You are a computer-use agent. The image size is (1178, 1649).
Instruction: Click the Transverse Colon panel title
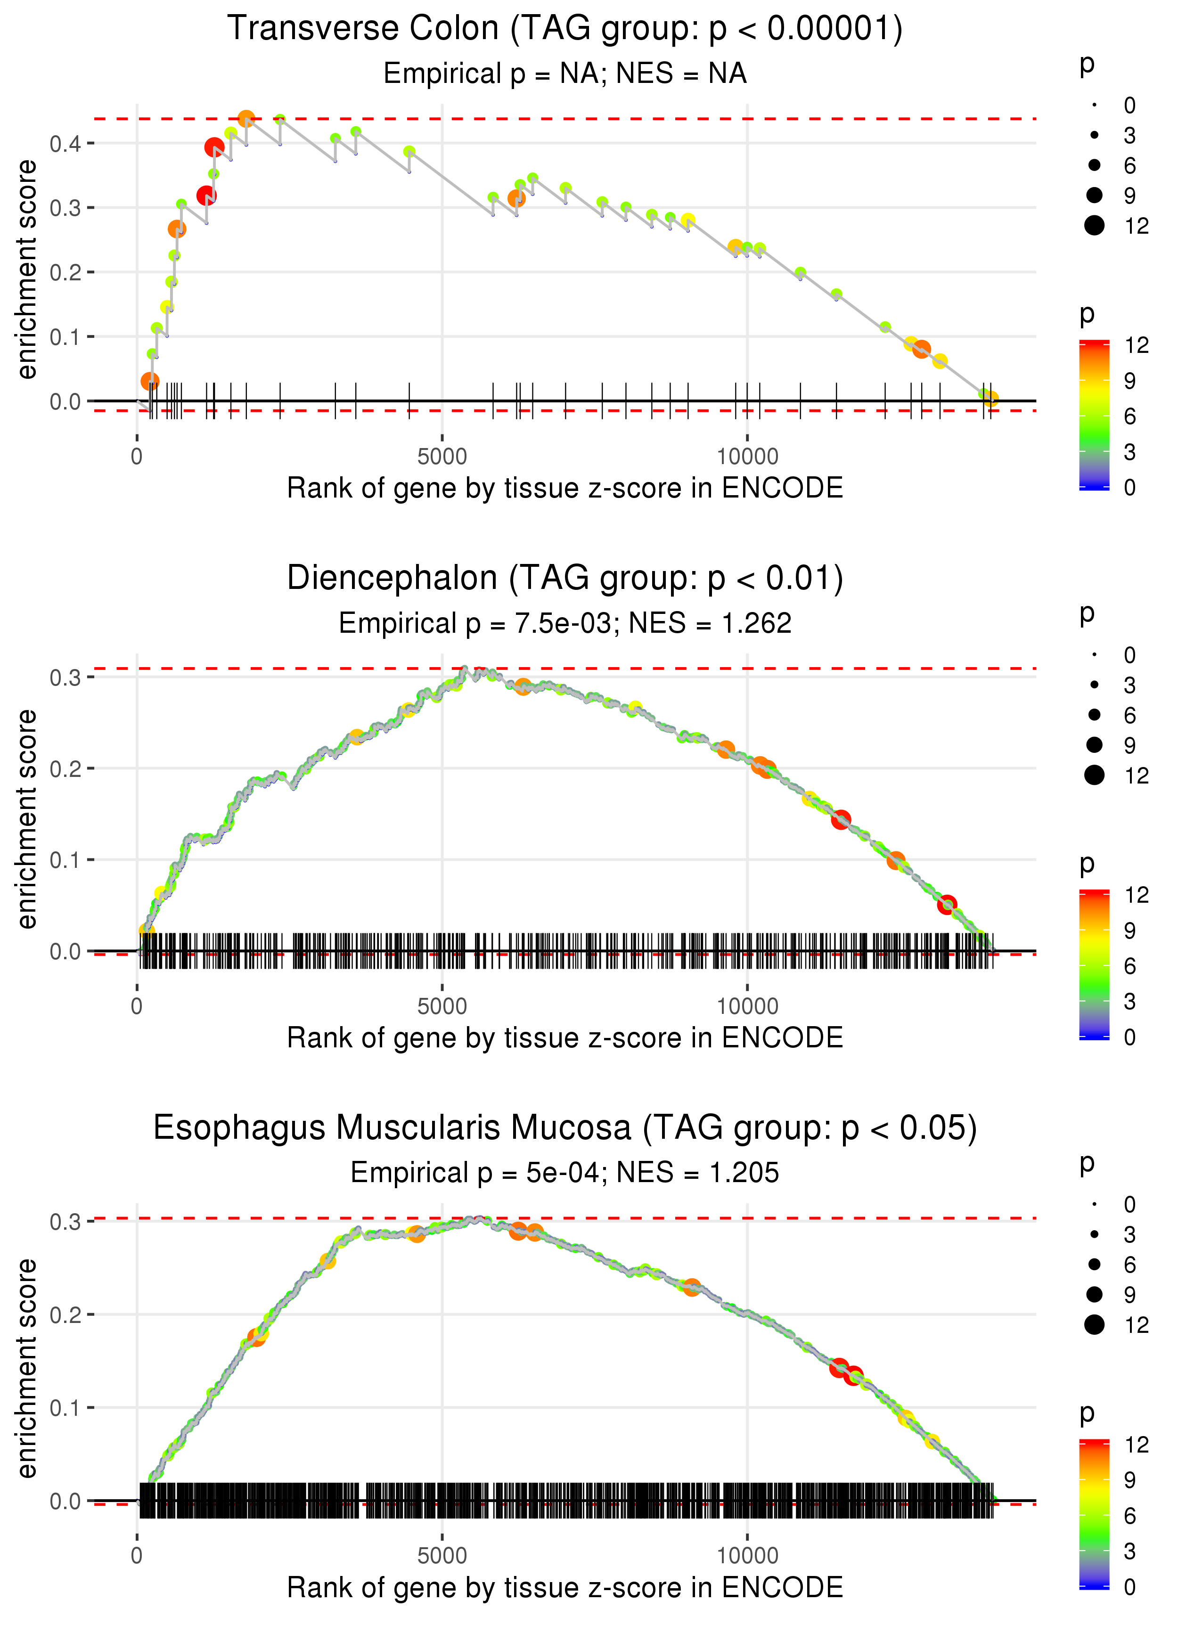coord(565,29)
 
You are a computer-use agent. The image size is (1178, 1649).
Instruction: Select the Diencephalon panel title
coord(565,579)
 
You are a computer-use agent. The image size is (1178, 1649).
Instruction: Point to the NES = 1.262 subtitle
coord(565,624)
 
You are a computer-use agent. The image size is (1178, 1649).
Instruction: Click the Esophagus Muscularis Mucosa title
coord(565,1128)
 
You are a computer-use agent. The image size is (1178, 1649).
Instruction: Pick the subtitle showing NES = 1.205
coord(565,1173)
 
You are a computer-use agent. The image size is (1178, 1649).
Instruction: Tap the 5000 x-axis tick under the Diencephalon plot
coord(442,1006)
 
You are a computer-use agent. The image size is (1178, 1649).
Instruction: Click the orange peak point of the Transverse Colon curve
coord(246,118)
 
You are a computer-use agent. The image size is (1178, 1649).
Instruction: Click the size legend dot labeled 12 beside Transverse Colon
coord(1094,226)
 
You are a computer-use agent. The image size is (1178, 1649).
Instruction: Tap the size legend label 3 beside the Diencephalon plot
coord(1129,685)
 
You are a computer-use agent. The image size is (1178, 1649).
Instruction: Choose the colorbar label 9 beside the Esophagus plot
coord(1129,1480)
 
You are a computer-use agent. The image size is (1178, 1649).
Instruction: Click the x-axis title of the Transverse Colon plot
coord(565,488)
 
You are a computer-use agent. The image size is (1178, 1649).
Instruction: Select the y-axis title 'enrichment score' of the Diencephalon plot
coord(27,819)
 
